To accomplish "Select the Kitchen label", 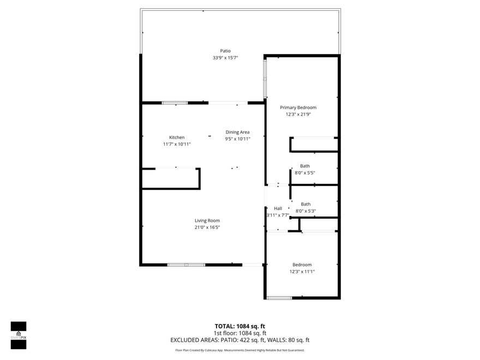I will coord(177,137).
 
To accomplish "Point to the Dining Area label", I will coord(237,132).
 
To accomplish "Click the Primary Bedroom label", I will coord(298,107).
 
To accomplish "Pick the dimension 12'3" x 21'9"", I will coord(298,115).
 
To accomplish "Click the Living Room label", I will coord(207,220).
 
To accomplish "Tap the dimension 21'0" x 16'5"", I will coord(207,227).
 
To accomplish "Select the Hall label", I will coord(278,208).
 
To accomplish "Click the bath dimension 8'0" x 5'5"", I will coord(305,173).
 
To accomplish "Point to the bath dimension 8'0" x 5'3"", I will coord(305,211).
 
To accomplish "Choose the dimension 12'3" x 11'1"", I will coord(302,272).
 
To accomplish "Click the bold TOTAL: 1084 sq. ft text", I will coord(240,326).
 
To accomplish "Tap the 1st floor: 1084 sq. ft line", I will coord(240,333).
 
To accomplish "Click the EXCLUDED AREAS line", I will coord(240,340).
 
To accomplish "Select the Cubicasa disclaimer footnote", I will coord(240,350).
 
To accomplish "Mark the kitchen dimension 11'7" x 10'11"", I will coord(177,145).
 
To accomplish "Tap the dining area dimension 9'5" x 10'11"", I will coord(237,139).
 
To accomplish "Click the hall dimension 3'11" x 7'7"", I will coord(278,215).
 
